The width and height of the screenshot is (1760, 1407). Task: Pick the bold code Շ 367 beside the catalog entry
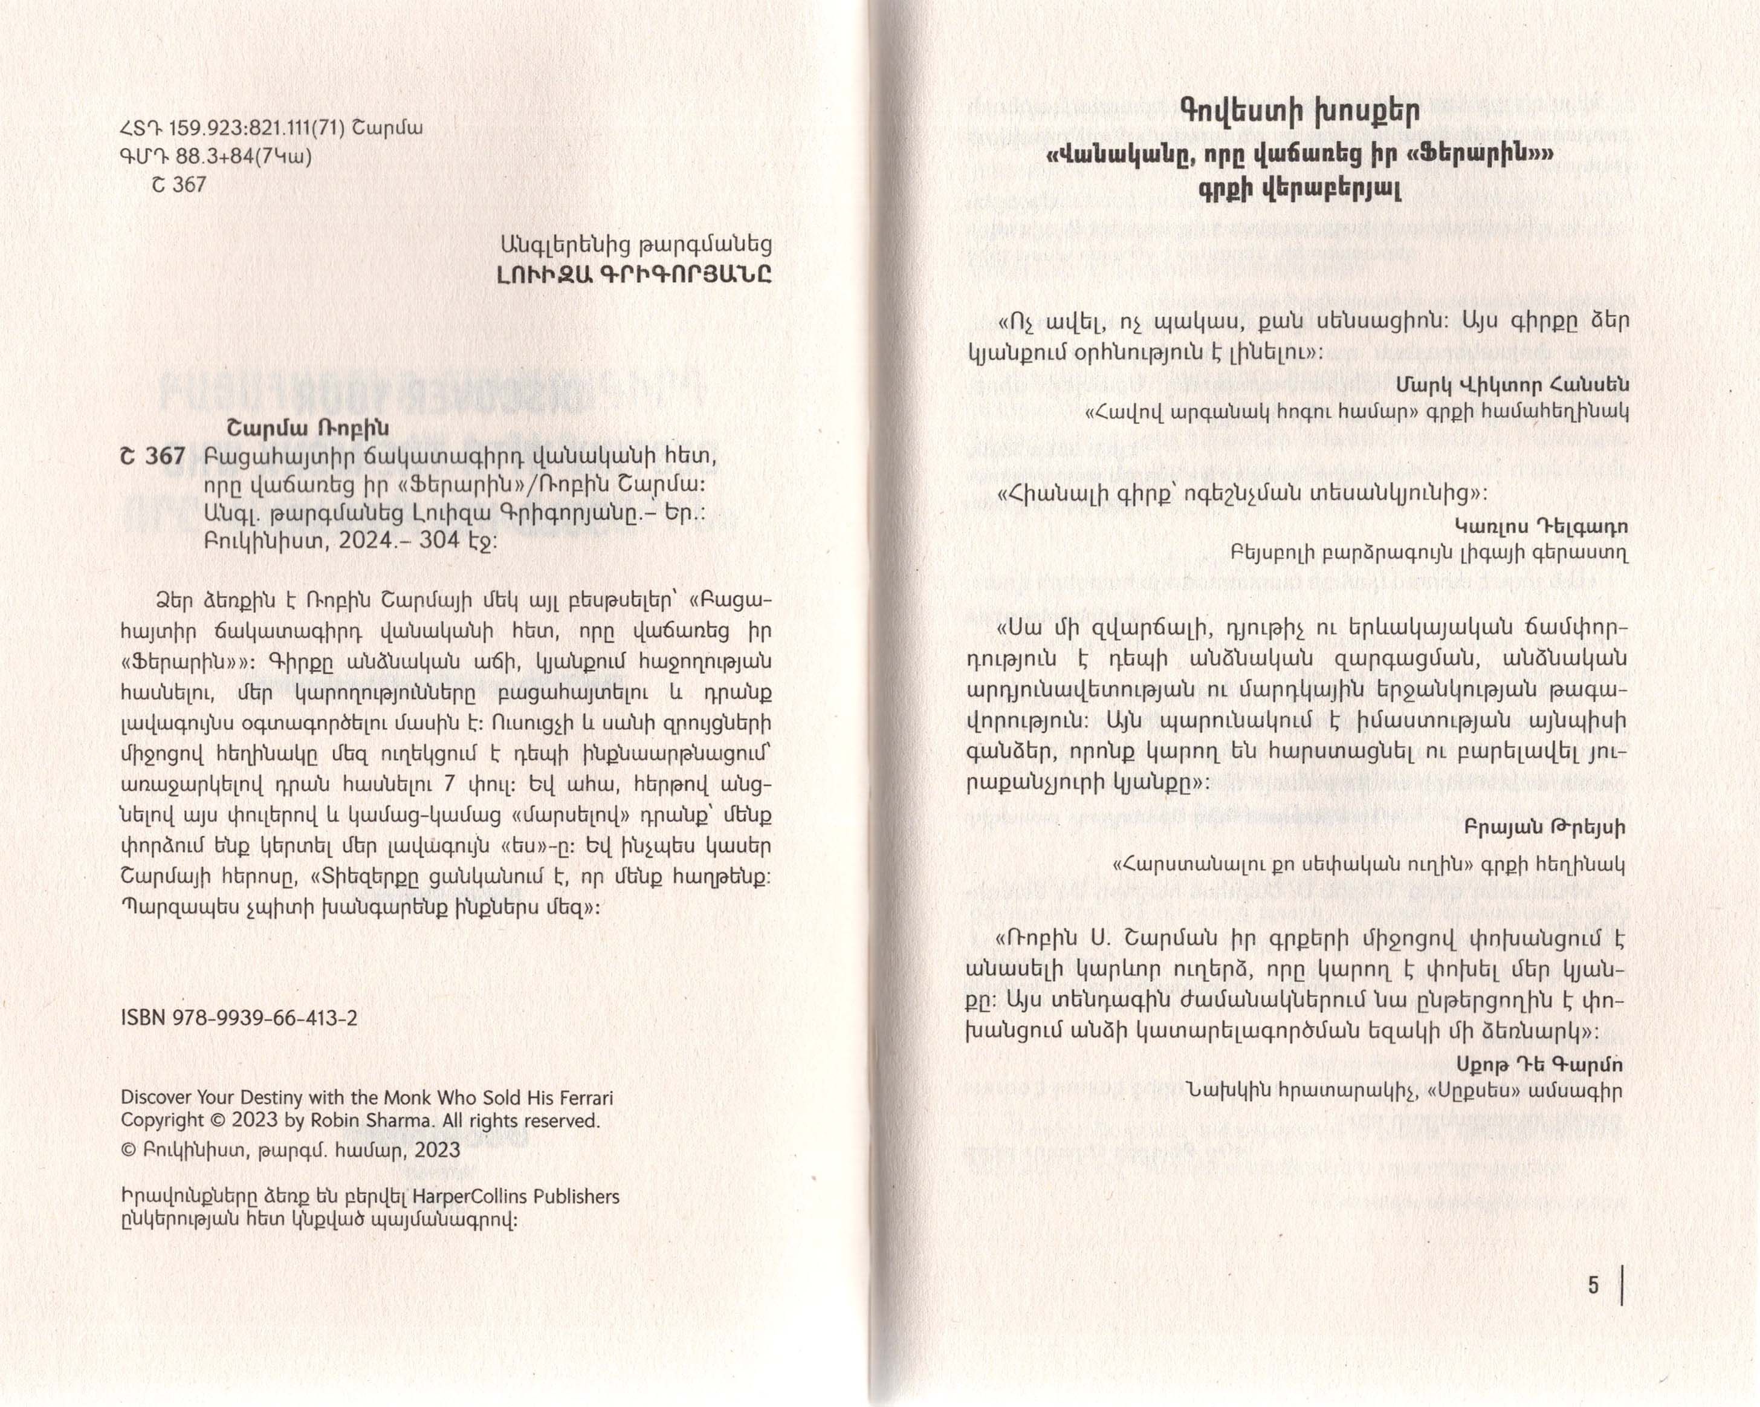153,457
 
